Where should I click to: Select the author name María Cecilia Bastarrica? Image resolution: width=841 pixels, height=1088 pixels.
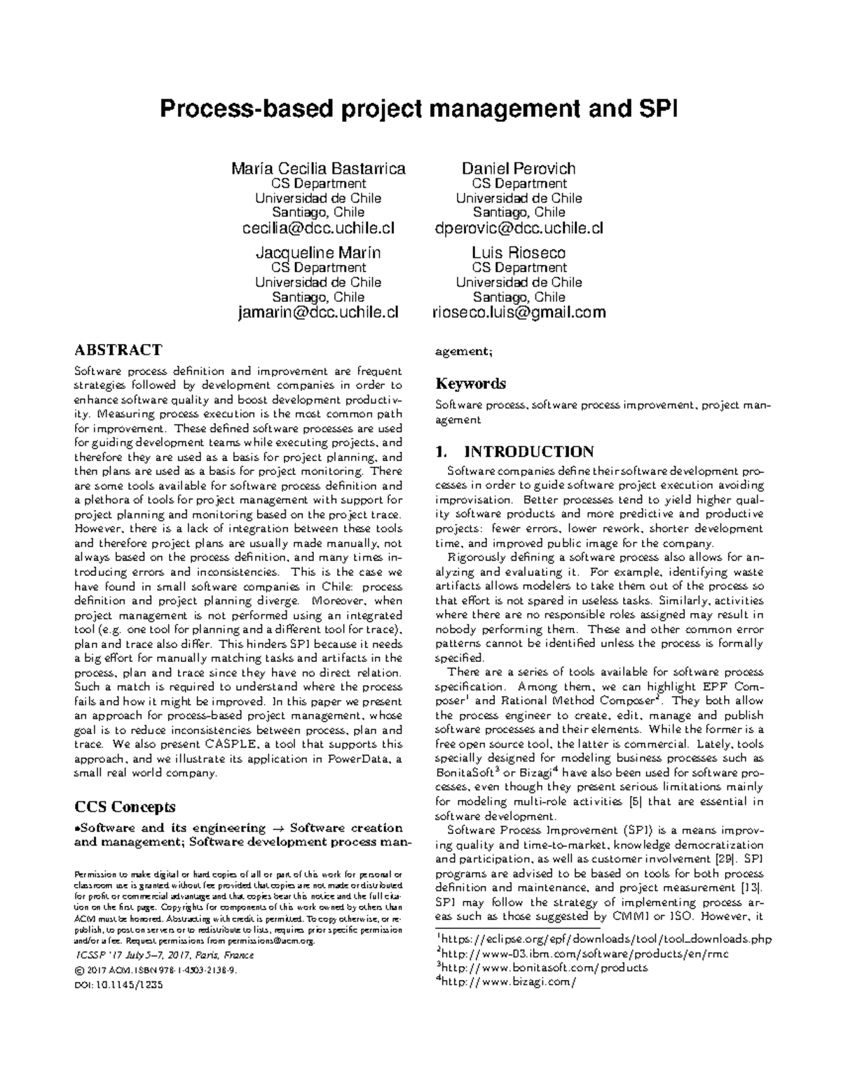tap(318, 169)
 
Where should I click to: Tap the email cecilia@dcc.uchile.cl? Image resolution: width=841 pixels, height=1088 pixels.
tap(318, 228)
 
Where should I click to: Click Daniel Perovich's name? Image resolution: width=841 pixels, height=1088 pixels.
tap(519, 169)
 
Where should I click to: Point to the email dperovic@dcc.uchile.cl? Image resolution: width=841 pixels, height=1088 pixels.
tap(519, 228)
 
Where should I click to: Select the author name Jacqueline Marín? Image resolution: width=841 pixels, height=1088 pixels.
tap(318, 252)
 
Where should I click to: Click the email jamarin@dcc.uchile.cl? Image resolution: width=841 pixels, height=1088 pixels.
tap(318, 312)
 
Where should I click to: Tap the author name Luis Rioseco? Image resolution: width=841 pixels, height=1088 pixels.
tap(519, 252)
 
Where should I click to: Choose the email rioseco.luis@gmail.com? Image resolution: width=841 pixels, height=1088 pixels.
tap(519, 312)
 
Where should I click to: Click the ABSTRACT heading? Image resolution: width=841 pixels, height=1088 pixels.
tap(118, 350)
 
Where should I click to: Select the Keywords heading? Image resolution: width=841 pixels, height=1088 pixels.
tap(470, 384)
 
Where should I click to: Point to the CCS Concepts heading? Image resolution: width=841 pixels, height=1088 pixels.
tap(124, 806)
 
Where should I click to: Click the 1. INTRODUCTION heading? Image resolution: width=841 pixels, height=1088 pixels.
tap(514, 451)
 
